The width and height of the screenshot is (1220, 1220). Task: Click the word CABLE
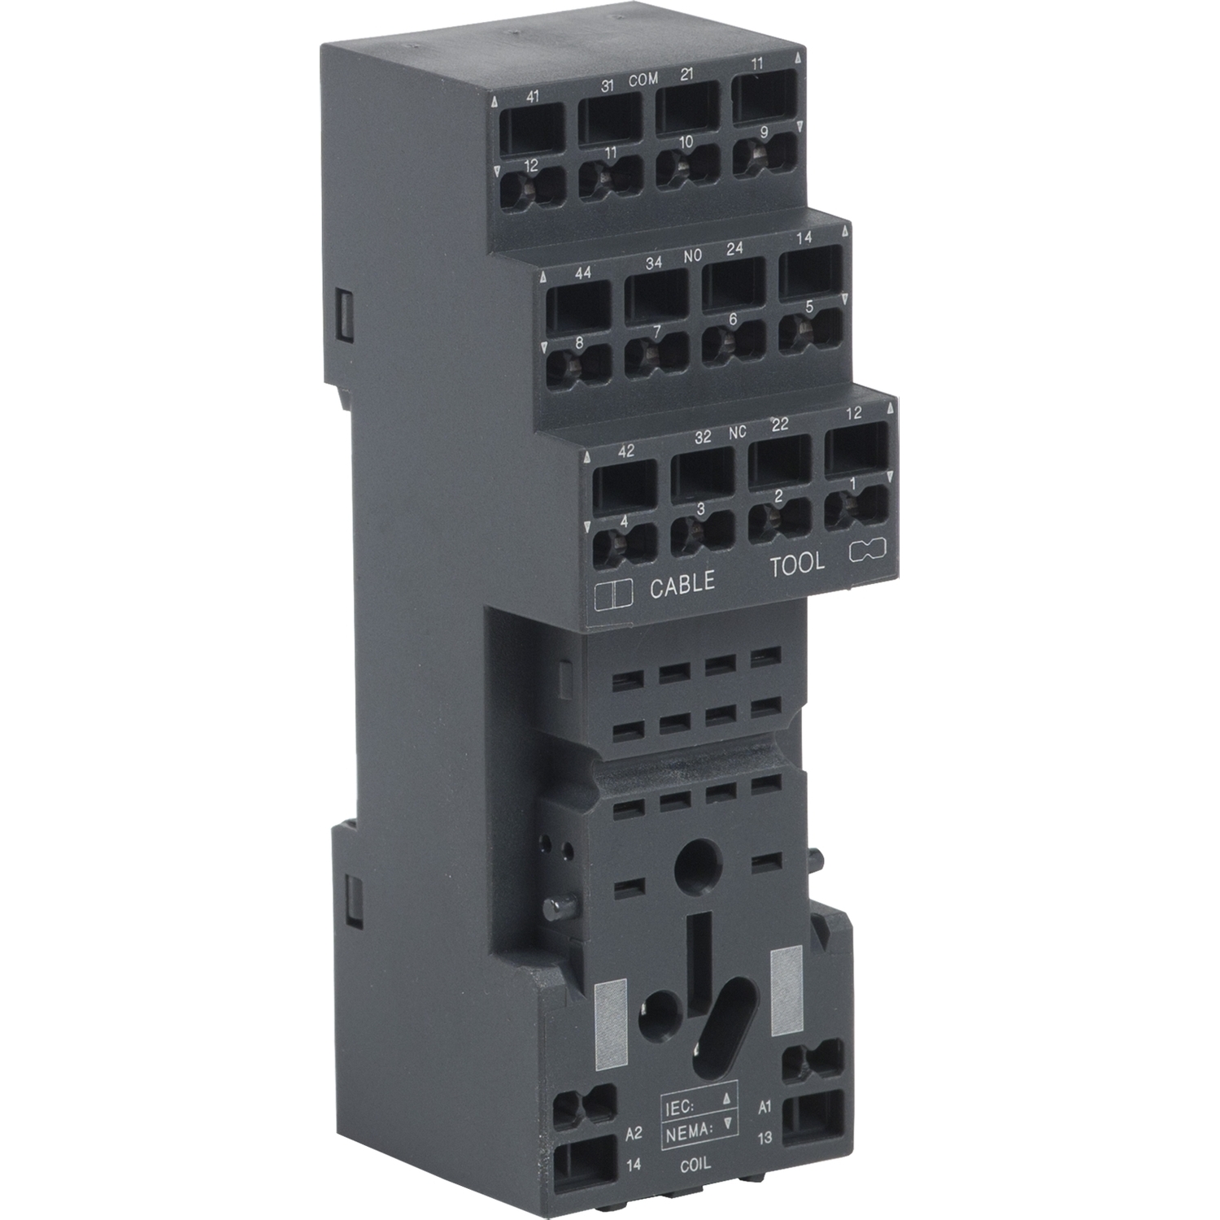(x=682, y=582)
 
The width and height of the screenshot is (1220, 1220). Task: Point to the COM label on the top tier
(x=643, y=81)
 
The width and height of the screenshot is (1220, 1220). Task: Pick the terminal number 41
(x=532, y=97)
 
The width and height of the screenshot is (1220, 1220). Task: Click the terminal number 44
(x=582, y=273)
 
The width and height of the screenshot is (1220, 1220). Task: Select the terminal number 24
(x=734, y=250)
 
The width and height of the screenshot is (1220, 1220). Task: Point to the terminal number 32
(x=702, y=437)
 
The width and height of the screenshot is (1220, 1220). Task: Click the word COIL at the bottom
(x=695, y=1165)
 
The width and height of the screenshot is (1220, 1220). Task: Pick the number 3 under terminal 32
(x=702, y=509)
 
